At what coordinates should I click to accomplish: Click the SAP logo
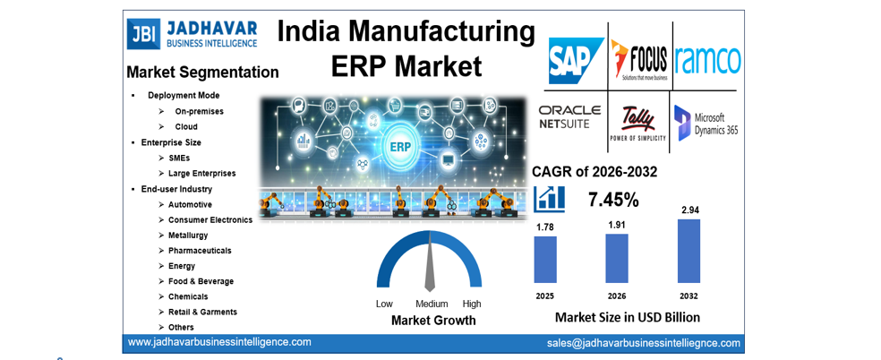[x=576, y=60]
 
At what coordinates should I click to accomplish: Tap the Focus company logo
[x=640, y=60]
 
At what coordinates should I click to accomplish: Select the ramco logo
[x=707, y=60]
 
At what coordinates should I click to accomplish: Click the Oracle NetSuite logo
[x=569, y=116]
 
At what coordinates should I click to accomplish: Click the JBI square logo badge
[x=142, y=33]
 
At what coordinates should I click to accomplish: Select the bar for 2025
[x=545, y=259]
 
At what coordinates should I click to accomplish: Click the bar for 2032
[x=689, y=251]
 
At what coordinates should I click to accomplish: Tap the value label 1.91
[x=616, y=225]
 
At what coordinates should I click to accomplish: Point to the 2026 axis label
[x=617, y=296]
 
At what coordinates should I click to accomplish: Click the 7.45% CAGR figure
[x=613, y=199]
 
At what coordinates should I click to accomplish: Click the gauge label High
[x=472, y=304]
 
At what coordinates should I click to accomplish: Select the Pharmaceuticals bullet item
[x=200, y=251]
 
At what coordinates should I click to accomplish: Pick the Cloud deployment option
[x=186, y=126]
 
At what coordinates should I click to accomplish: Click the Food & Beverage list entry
[x=201, y=281]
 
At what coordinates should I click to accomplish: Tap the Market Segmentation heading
[x=202, y=72]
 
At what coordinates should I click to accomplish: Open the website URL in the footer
[x=219, y=342]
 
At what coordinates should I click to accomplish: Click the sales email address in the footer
[x=644, y=343]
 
